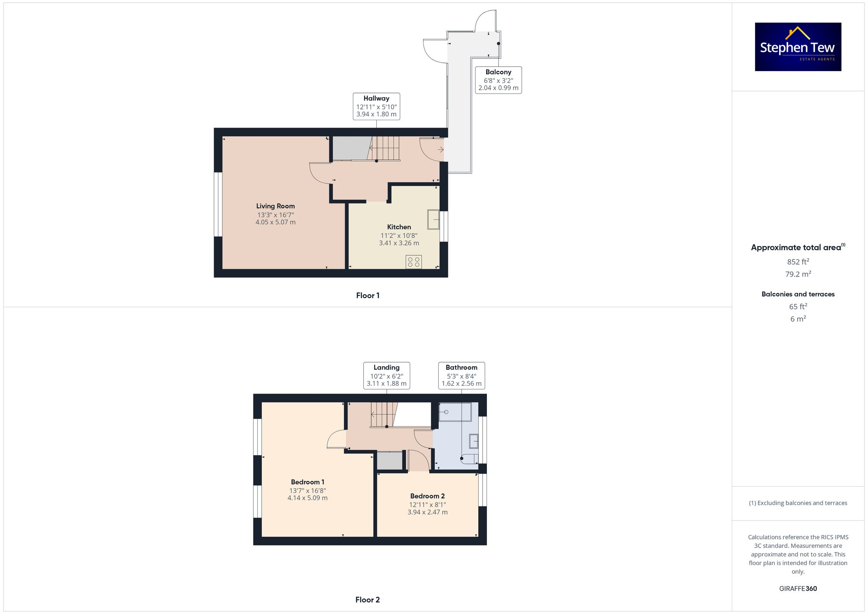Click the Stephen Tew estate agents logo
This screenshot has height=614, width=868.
pos(798,47)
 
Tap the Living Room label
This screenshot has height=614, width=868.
pos(275,206)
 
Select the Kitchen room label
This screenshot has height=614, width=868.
pos(399,227)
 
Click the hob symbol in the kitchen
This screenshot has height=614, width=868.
pos(414,262)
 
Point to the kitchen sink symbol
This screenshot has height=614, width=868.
pos(433,220)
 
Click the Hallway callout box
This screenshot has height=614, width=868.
pos(376,106)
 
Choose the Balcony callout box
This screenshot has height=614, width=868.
pos(498,80)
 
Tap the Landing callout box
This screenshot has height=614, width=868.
pos(386,375)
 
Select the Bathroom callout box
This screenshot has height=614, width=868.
pos(461,375)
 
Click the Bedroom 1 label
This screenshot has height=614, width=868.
pos(307,482)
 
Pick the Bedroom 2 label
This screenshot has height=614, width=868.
pos(427,496)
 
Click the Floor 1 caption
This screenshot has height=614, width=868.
pos(368,296)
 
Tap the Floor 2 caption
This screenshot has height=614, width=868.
pos(367,600)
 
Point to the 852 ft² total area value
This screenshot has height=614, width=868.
pos(798,262)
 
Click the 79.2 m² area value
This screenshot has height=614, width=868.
pos(798,274)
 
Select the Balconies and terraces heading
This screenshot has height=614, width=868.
pos(798,294)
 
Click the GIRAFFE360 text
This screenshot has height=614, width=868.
pos(798,588)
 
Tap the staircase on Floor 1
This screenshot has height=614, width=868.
pos(384,148)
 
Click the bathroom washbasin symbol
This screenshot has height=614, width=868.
pos(473,441)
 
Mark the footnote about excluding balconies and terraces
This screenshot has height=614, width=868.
pos(798,503)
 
